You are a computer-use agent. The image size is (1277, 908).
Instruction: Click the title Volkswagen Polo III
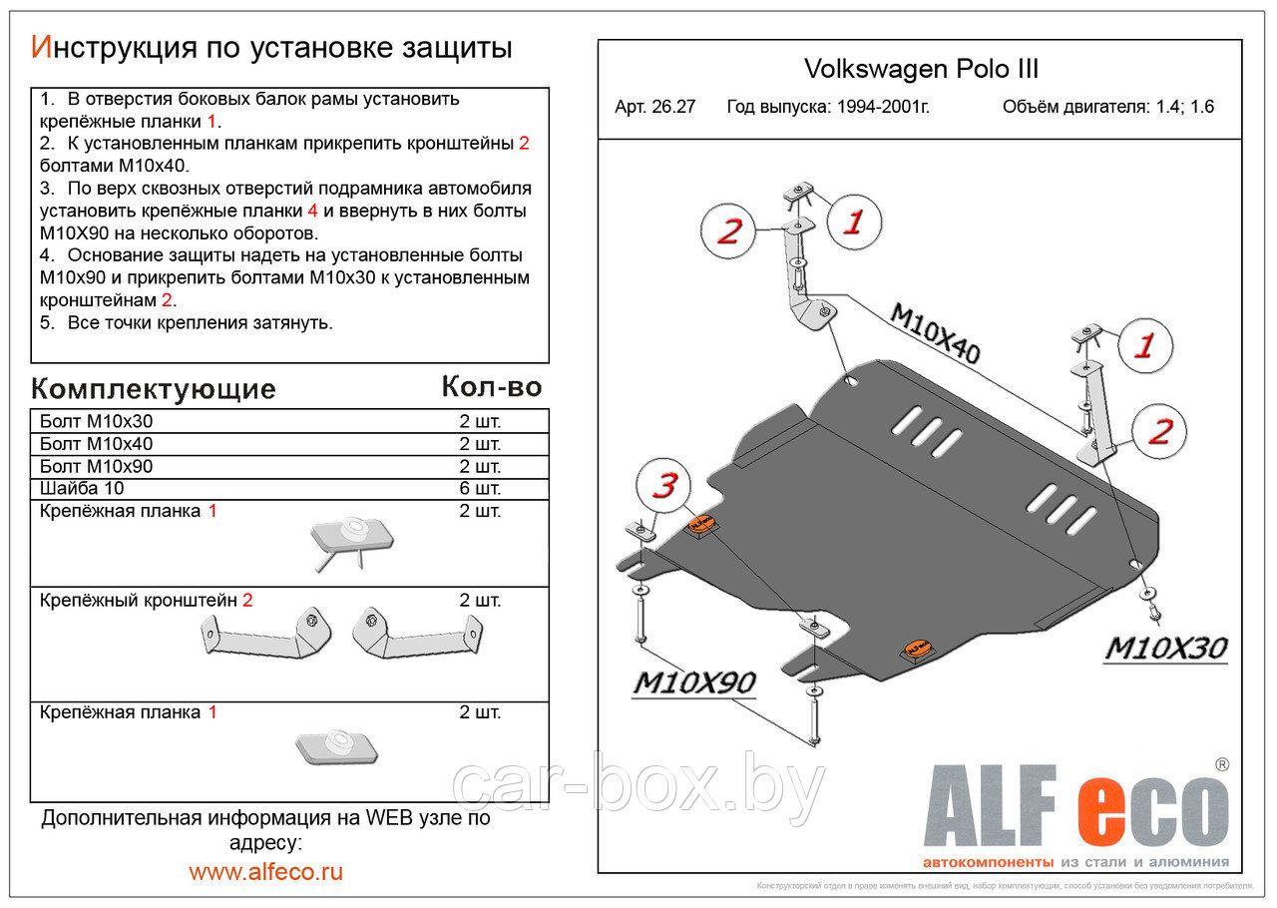click(920, 69)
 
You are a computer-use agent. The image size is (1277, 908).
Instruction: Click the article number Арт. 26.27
click(655, 107)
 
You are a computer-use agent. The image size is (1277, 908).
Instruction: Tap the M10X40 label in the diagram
click(934, 333)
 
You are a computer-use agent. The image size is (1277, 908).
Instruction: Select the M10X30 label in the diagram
click(1165, 649)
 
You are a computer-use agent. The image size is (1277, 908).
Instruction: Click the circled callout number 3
click(664, 487)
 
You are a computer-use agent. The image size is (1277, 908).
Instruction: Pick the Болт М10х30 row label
click(97, 421)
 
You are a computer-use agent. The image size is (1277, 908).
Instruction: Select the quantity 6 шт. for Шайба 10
click(479, 488)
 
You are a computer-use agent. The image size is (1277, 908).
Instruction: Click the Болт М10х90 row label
click(97, 466)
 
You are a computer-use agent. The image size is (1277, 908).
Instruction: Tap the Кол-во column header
click(491, 386)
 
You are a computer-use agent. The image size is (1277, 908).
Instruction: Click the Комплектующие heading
click(153, 388)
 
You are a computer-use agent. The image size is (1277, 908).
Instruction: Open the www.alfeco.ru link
click(265, 871)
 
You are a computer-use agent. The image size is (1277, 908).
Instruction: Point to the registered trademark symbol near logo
click(1222, 764)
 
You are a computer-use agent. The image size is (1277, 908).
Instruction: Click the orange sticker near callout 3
click(702, 524)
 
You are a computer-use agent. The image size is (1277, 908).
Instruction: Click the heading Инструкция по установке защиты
click(271, 47)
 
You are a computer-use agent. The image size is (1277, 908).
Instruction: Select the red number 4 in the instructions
click(312, 211)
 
